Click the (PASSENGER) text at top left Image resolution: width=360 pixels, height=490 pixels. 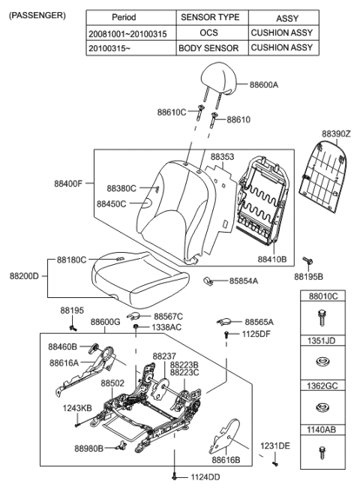tap(36, 15)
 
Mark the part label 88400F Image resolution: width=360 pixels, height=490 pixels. tap(67, 183)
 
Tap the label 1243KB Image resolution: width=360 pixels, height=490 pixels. tap(76, 407)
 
